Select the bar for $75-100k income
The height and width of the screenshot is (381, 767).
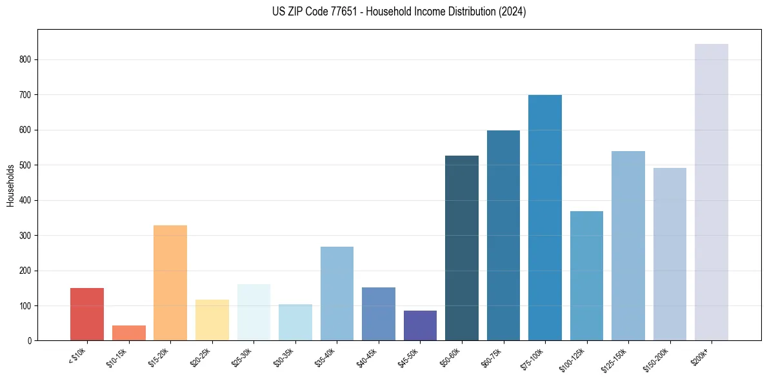[544, 218]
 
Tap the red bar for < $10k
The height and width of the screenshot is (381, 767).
[87, 314]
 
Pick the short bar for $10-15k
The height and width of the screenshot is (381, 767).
[128, 333]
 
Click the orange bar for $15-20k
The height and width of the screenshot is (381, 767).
[170, 282]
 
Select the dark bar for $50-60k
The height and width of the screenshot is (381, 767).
[461, 248]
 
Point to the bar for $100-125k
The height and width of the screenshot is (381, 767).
[586, 276]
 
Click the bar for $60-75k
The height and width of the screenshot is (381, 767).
[503, 235]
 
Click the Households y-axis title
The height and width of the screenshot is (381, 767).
[10, 185]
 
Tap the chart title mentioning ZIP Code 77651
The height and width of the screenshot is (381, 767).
[399, 12]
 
